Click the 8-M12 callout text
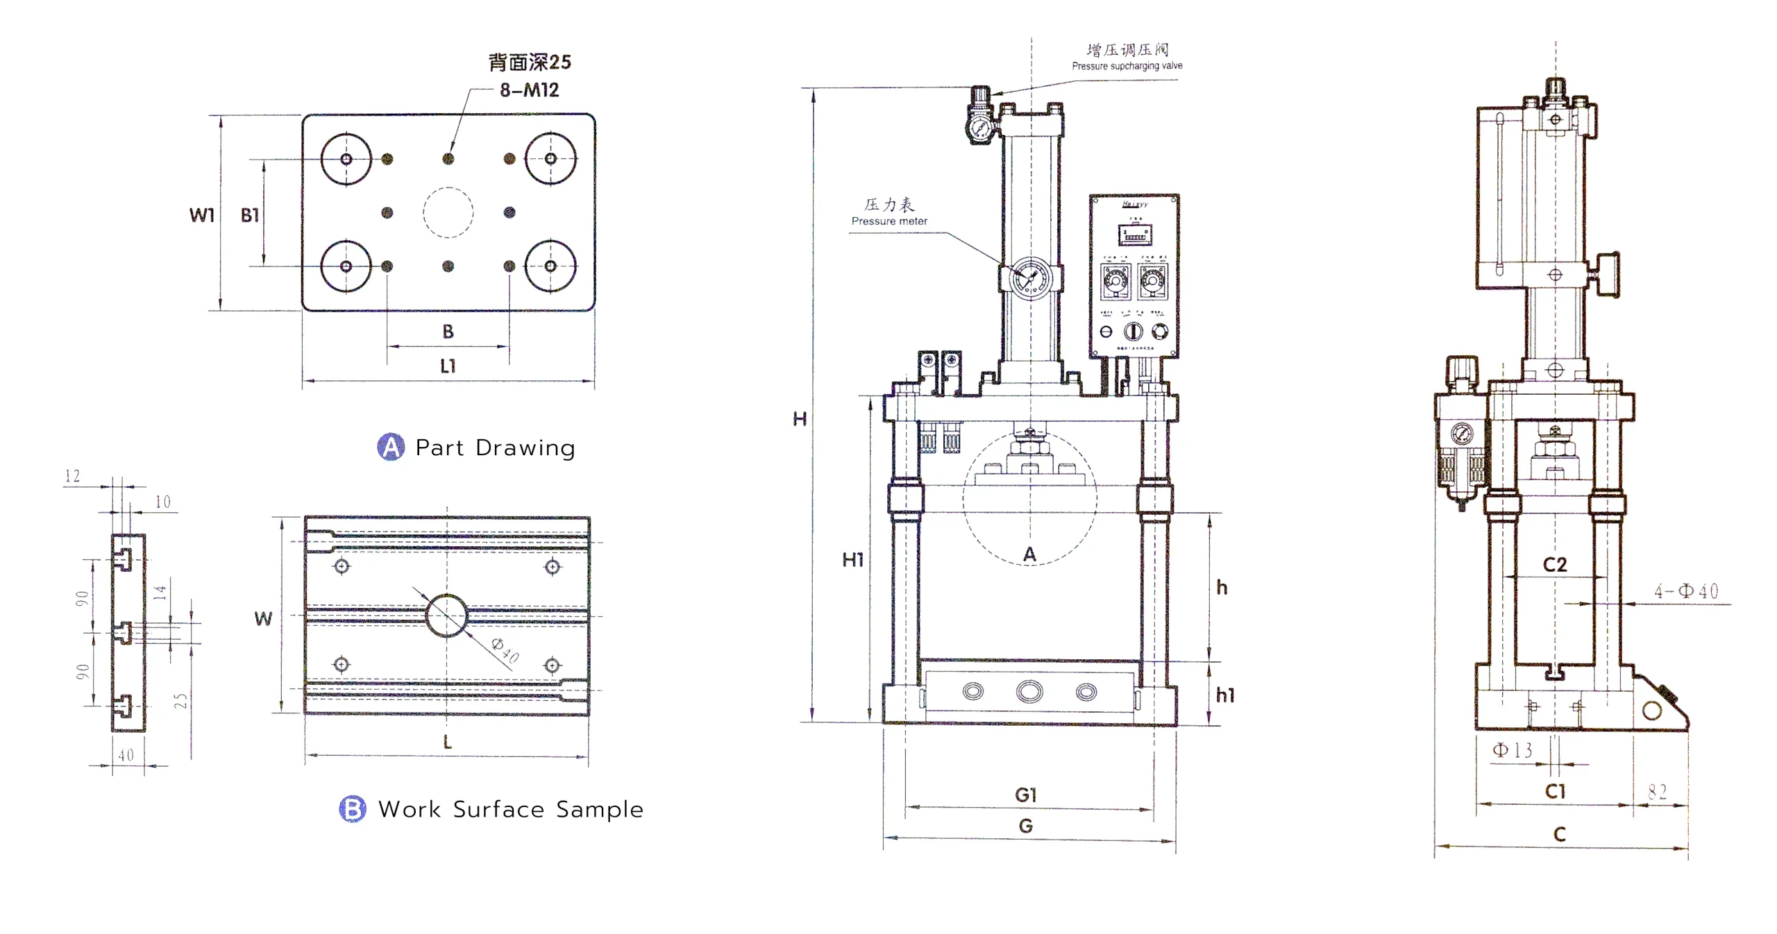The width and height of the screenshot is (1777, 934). click(x=529, y=90)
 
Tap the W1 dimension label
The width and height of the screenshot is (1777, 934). click(x=201, y=215)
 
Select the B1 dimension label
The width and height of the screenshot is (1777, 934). click(x=250, y=215)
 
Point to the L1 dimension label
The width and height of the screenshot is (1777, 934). click(x=448, y=366)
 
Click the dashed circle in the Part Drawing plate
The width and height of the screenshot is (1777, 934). click(x=448, y=213)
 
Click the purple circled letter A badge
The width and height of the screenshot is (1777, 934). click(x=391, y=447)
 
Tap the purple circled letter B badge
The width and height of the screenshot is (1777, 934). click(x=353, y=808)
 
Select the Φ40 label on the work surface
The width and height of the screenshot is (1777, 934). click(x=505, y=650)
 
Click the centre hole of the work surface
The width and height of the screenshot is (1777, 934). click(x=446, y=615)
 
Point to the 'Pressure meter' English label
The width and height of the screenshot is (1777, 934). click(x=889, y=221)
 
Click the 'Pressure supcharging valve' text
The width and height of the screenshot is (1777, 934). click(x=1127, y=66)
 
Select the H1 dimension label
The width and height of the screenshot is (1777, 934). click(x=853, y=559)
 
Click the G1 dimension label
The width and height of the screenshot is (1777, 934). click(x=1025, y=795)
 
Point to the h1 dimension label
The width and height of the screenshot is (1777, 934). click(x=1225, y=695)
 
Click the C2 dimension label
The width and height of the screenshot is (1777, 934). click(x=1555, y=565)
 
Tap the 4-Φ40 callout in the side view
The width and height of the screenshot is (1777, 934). click(x=1686, y=591)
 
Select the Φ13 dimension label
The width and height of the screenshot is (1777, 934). click(x=1513, y=750)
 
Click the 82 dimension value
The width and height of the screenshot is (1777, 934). click(x=1658, y=792)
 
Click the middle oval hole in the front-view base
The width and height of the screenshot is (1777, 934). click(x=1029, y=691)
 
